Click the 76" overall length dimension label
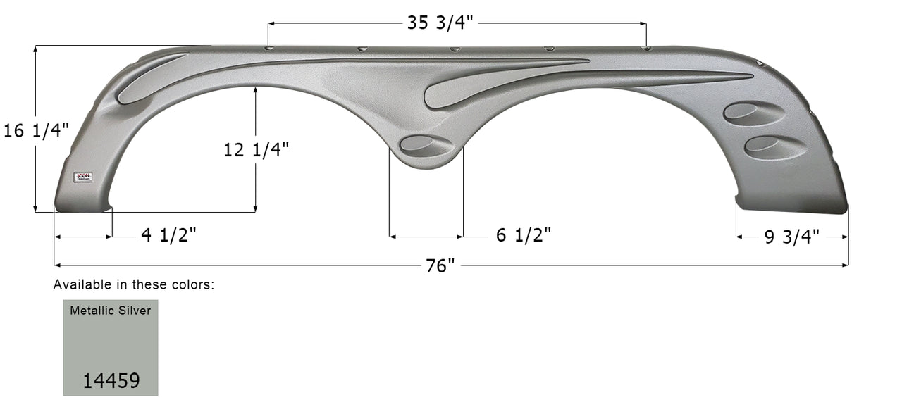point(440,266)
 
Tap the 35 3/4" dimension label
point(443,23)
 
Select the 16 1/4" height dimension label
point(37,131)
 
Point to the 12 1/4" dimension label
point(256,149)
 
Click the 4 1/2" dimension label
point(168,236)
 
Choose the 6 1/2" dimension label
point(523,236)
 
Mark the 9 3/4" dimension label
point(792,237)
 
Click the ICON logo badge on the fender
point(83,177)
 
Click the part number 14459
point(111,381)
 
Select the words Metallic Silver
point(110,310)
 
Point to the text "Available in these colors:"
point(134,285)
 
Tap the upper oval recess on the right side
point(753,113)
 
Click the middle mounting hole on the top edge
point(455,49)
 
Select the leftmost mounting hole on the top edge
point(268,49)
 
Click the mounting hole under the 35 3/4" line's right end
point(646,49)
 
